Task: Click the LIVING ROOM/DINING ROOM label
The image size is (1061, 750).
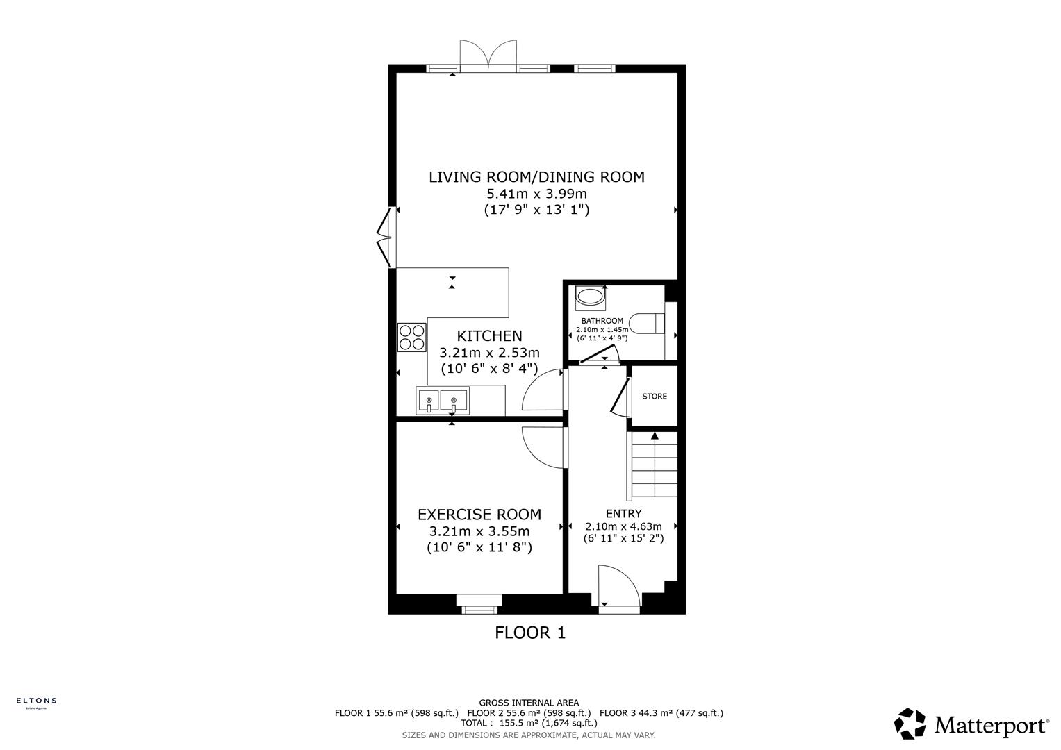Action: (x=536, y=177)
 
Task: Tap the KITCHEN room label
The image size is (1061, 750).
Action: (x=489, y=336)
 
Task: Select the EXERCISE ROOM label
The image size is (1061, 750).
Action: (x=479, y=515)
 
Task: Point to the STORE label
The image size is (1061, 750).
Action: (x=655, y=397)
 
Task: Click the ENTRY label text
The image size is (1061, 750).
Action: (x=623, y=514)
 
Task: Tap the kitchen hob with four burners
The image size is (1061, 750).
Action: (x=411, y=337)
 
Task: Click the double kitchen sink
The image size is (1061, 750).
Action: (x=443, y=401)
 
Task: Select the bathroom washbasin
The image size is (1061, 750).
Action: (x=591, y=297)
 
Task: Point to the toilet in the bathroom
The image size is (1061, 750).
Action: (x=651, y=324)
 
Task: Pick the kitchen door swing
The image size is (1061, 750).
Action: (x=543, y=391)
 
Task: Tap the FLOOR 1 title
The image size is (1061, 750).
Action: (x=530, y=633)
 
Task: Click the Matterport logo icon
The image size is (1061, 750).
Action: (x=910, y=724)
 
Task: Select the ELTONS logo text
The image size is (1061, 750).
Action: (x=36, y=701)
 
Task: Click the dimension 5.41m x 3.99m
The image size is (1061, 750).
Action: (x=536, y=194)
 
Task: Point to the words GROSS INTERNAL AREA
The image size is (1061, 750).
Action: (x=529, y=703)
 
